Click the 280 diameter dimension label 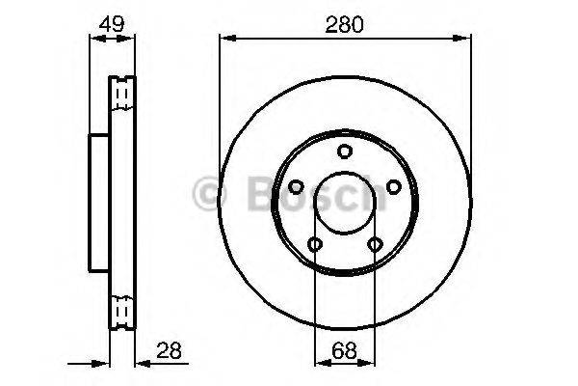(x=344, y=26)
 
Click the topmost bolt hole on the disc (x=344, y=151)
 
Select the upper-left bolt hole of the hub (x=296, y=186)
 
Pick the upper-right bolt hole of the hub (x=392, y=186)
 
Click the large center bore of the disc (x=344, y=202)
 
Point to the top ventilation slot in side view (x=122, y=93)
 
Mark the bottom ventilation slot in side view (x=122, y=310)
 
